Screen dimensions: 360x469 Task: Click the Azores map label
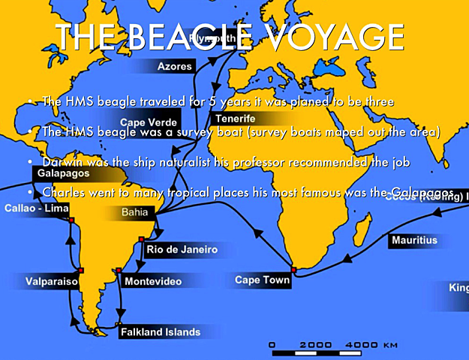[x=174, y=66]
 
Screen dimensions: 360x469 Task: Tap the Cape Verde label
[x=149, y=121]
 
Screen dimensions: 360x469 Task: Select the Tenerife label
[x=234, y=118]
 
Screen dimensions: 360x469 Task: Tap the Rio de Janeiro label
[x=182, y=249]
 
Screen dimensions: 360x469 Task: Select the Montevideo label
[x=152, y=281]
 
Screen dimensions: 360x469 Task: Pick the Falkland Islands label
[x=159, y=331]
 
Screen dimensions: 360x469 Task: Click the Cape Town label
[x=257, y=280]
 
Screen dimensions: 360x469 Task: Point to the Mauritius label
[x=413, y=241]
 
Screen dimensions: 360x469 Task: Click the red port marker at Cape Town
[x=294, y=269]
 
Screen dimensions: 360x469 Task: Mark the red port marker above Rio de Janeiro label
[x=141, y=239]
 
